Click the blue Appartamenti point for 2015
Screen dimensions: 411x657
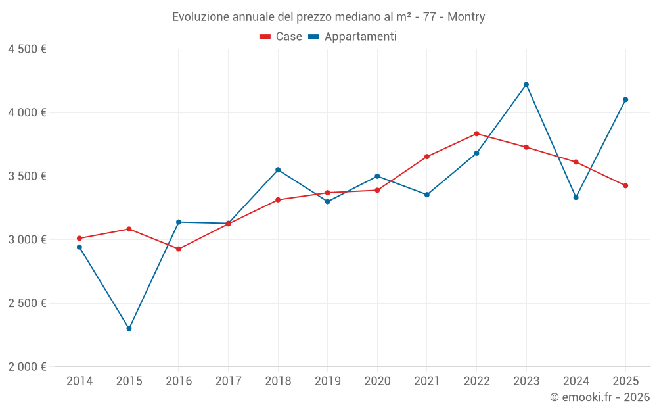pyautogui.click(x=129, y=328)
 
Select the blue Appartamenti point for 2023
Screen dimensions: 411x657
pyautogui.click(x=526, y=84)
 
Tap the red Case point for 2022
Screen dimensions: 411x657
pyautogui.click(x=476, y=133)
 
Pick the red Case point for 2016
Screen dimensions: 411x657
pyautogui.click(x=179, y=249)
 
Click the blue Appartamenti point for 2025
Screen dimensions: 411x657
pyautogui.click(x=625, y=99)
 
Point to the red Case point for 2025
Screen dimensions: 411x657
pyautogui.click(x=625, y=185)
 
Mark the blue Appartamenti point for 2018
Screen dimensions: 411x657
pyautogui.click(x=278, y=170)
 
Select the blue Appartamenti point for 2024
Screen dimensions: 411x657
pyautogui.click(x=576, y=197)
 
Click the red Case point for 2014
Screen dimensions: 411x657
pyautogui.click(x=79, y=238)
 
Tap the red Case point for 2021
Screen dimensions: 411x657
pyautogui.click(x=427, y=157)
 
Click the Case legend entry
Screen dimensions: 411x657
pyautogui.click(x=281, y=37)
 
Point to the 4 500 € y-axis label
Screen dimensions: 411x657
pyautogui.click(x=27, y=49)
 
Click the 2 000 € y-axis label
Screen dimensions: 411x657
pyautogui.click(x=27, y=367)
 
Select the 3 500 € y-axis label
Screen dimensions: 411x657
pyautogui.click(x=27, y=176)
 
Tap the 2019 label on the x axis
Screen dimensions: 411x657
pyautogui.click(x=328, y=381)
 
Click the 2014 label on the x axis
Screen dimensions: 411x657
pyautogui.click(x=79, y=381)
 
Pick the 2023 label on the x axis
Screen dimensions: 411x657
pyautogui.click(x=526, y=381)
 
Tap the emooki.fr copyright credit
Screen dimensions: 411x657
pyautogui.click(x=599, y=397)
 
